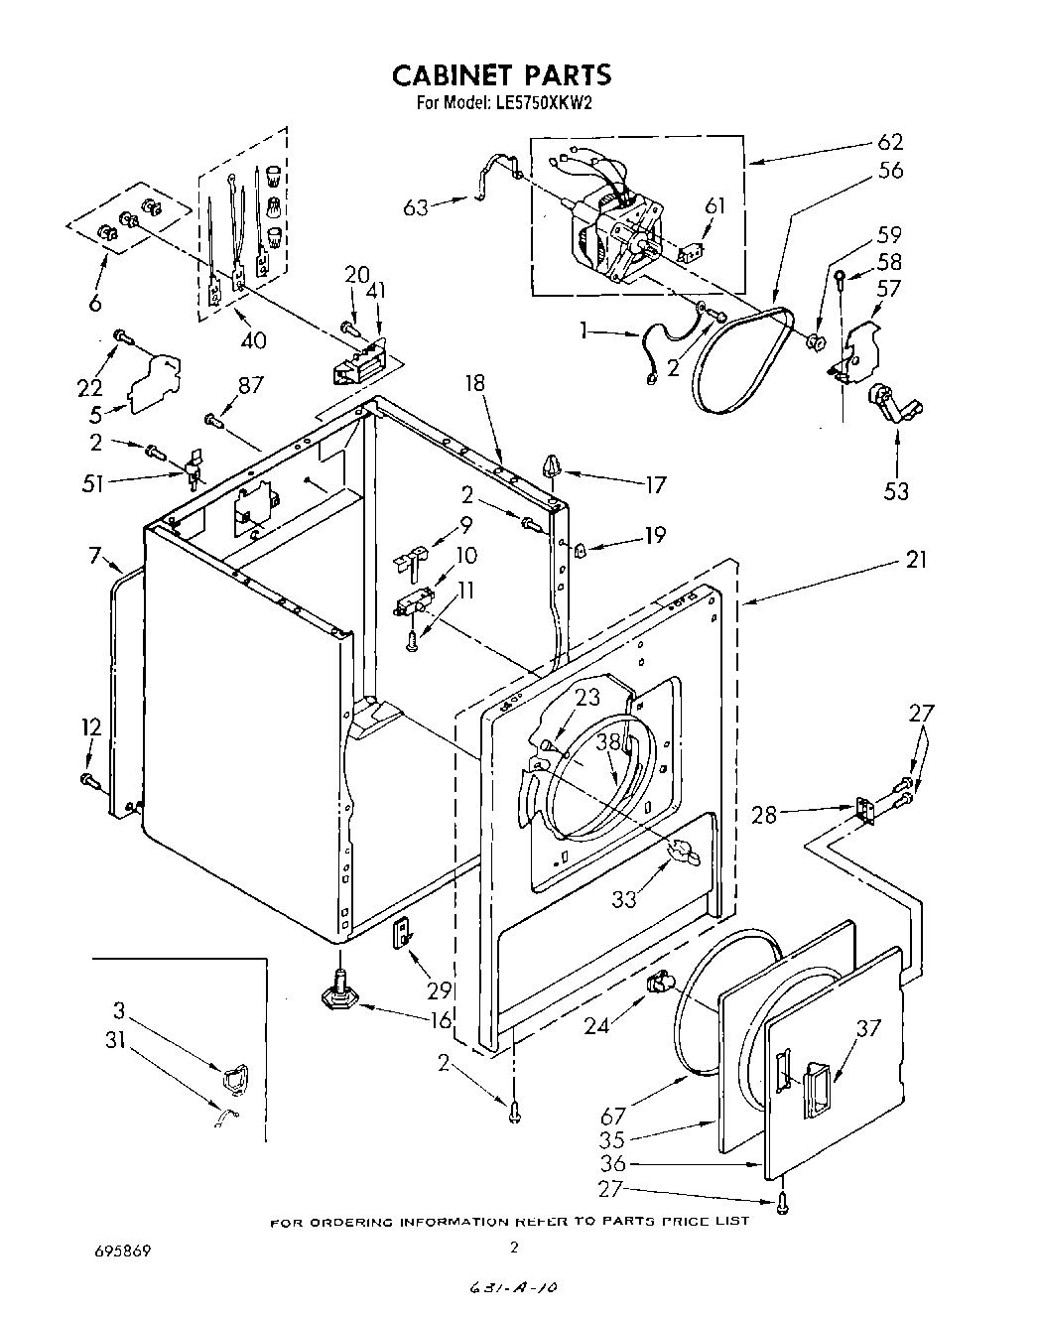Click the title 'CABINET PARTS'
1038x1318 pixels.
click(501, 75)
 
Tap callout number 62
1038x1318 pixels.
click(889, 142)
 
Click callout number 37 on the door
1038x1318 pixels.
click(869, 1028)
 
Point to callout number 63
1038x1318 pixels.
click(416, 207)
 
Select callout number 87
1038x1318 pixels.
click(251, 384)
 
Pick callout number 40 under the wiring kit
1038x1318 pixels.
click(253, 340)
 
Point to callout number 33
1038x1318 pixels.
click(624, 900)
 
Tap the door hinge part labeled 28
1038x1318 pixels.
click(864, 811)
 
